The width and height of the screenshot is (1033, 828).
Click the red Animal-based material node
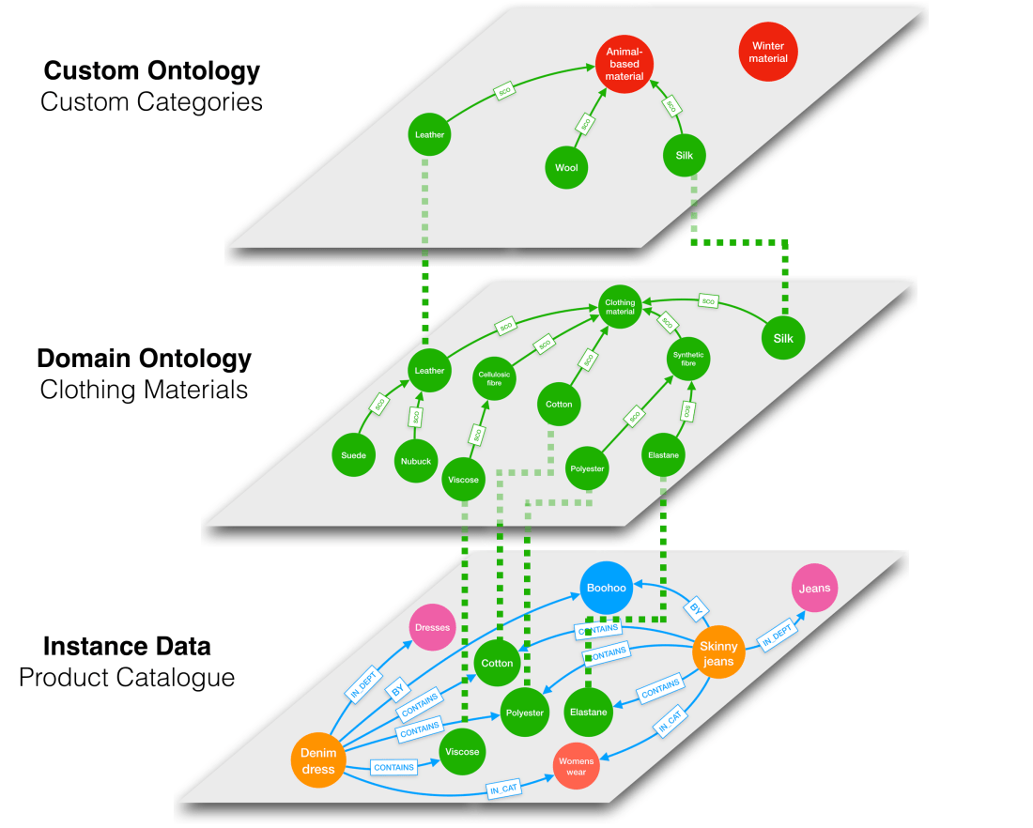(624, 64)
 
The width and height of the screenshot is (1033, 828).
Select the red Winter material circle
(768, 52)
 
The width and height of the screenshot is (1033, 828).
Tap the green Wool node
(566, 168)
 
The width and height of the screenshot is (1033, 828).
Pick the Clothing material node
(620, 306)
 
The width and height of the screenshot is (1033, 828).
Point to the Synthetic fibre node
(688, 360)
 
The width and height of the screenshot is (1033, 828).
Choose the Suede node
(353, 456)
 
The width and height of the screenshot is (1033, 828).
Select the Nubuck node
(416, 461)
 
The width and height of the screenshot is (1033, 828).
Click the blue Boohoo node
(606, 588)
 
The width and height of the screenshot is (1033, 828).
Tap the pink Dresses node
(432, 627)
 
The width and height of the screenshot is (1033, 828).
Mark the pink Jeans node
(814, 589)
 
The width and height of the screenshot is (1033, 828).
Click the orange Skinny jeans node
(718, 653)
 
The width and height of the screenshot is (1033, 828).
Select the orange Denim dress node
(317, 759)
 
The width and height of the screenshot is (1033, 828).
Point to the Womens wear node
(576, 767)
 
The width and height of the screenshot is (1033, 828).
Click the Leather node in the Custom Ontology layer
(429, 135)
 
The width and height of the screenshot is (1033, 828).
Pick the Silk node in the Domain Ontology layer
(783, 339)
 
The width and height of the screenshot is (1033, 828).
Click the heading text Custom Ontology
(152, 71)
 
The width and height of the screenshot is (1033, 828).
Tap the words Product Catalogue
(127, 677)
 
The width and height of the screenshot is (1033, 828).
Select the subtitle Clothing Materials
(145, 390)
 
